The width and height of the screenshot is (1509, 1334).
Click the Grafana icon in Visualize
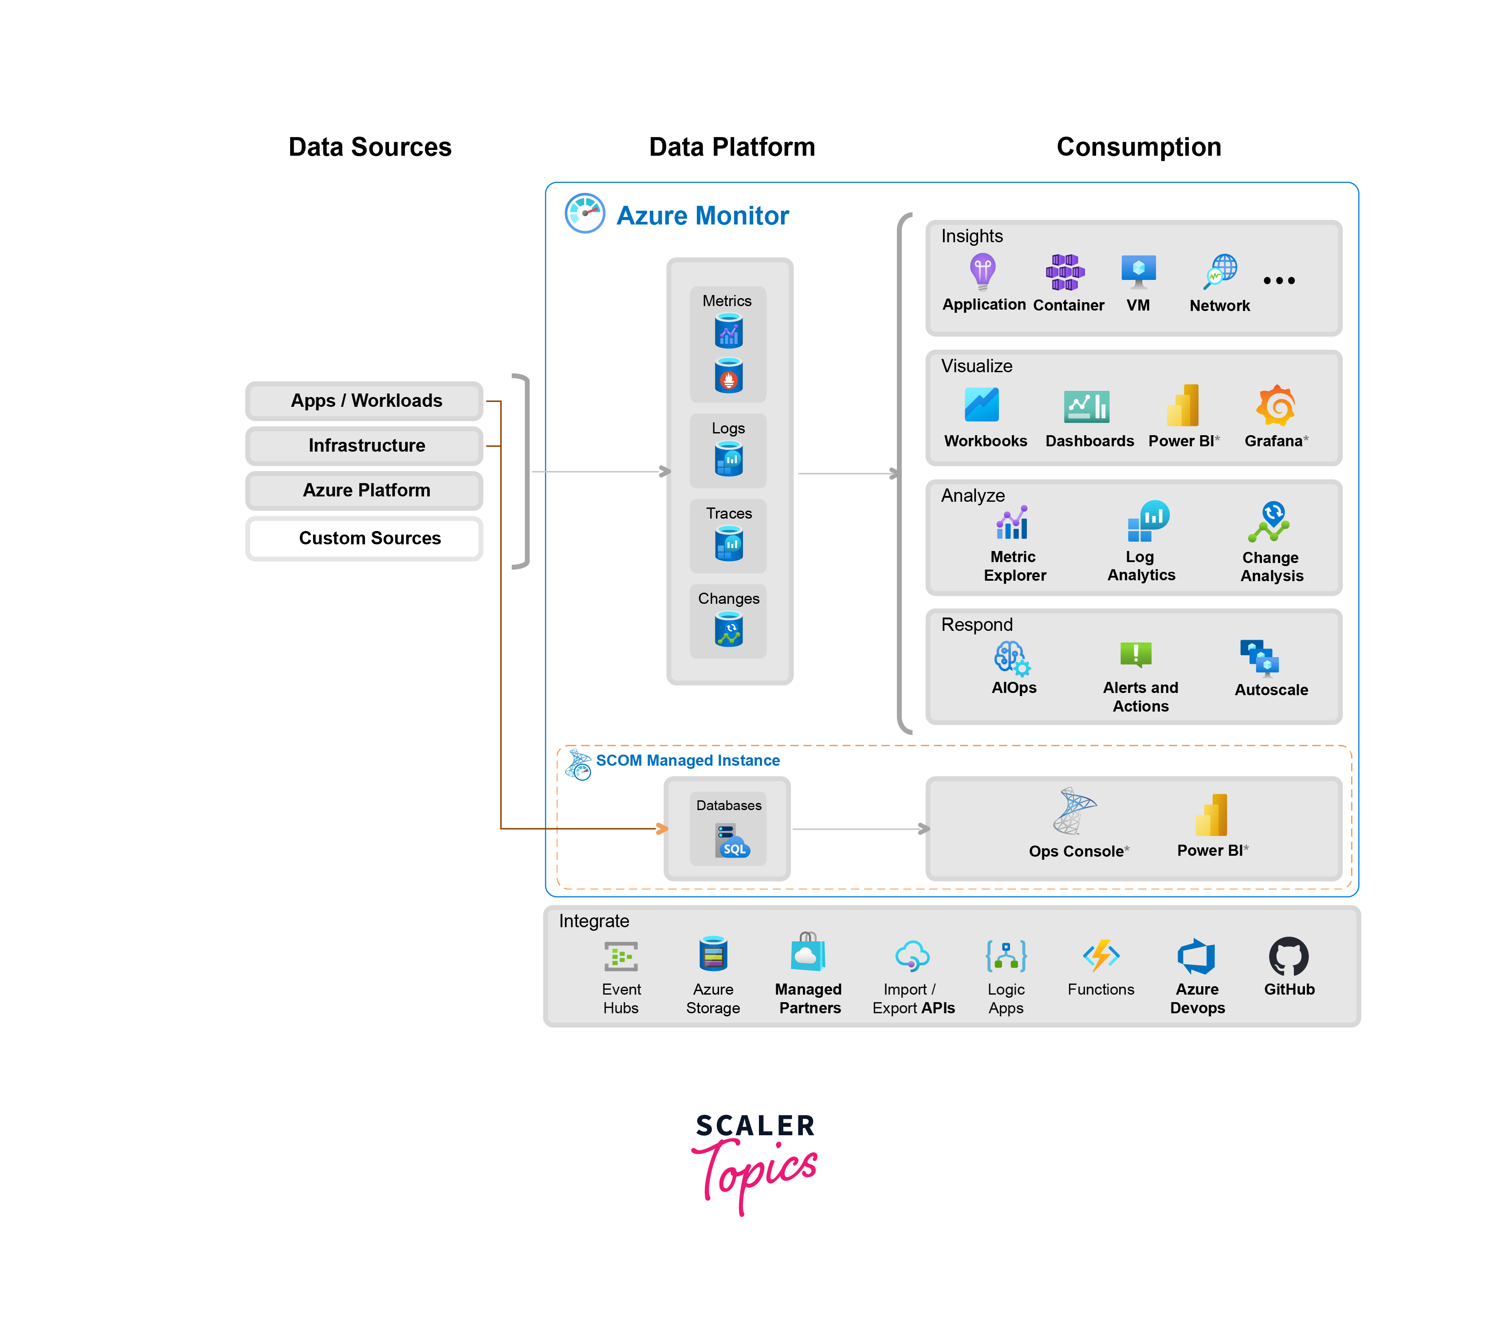click(1276, 405)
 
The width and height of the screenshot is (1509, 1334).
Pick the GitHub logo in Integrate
click(1288, 957)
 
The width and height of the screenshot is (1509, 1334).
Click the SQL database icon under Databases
click(731, 842)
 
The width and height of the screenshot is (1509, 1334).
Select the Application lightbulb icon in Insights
click(982, 271)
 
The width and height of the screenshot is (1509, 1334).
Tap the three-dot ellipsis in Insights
click(1279, 280)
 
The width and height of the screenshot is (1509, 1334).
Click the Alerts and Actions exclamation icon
click(1136, 654)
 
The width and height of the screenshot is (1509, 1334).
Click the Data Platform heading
click(731, 147)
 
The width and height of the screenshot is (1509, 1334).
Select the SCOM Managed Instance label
click(688, 760)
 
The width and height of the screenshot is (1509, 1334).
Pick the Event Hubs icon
click(621, 957)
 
